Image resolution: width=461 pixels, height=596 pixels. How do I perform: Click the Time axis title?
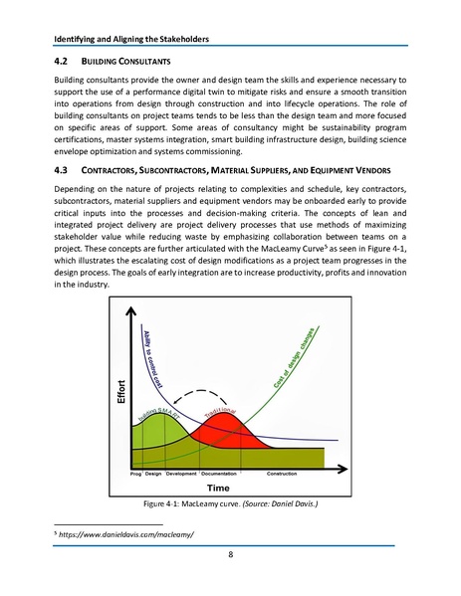[x=218, y=488]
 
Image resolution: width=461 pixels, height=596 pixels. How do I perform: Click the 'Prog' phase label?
[x=136, y=473]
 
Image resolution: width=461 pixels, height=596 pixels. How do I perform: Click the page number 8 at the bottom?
[x=230, y=554]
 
